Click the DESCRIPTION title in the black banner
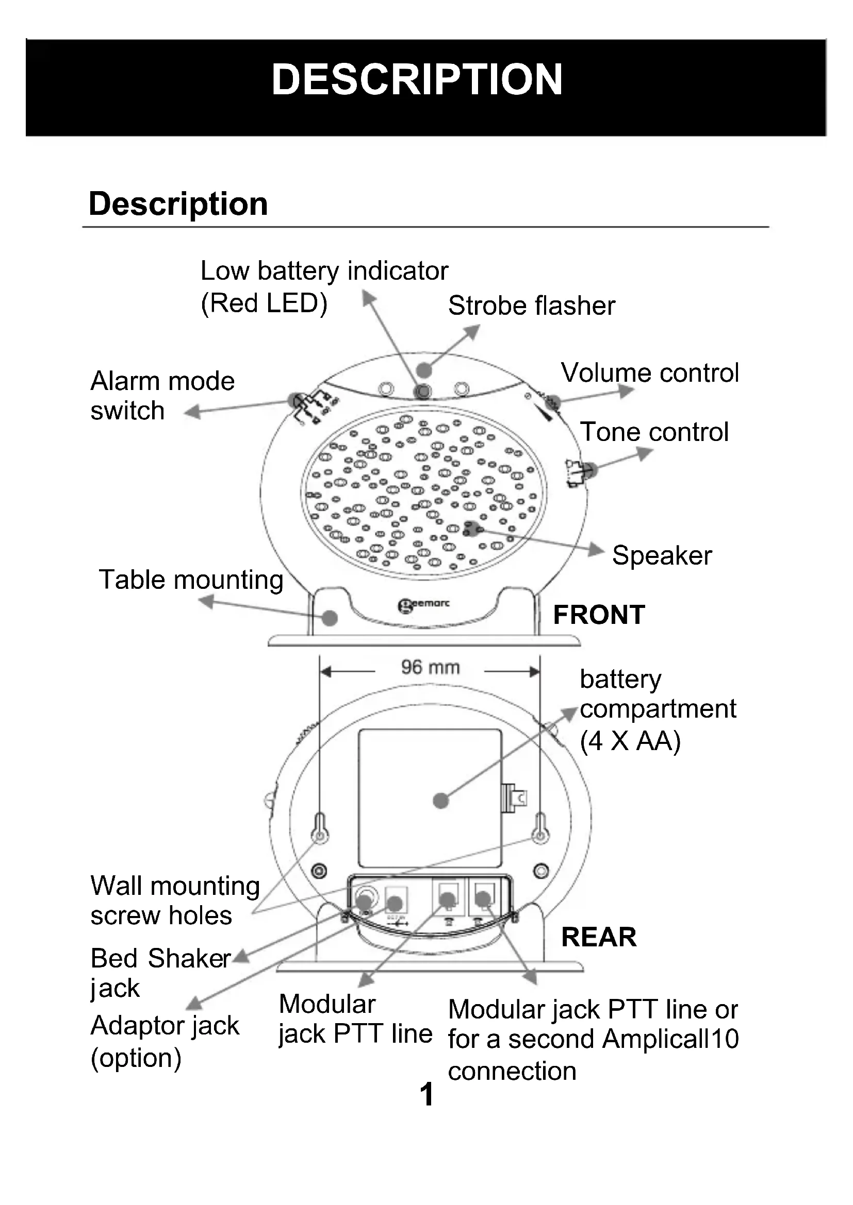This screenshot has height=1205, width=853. click(x=417, y=80)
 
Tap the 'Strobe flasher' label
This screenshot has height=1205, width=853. click(x=531, y=306)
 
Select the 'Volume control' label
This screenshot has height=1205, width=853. click(x=649, y=372)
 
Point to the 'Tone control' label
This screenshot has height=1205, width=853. click(x=654, y=432)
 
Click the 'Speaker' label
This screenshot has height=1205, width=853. click(x=662, y=555)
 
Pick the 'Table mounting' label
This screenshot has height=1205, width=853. click(x=191, y=580)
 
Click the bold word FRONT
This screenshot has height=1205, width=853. click(x=599, y=615)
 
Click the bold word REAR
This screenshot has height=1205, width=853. click(x=599, y=937)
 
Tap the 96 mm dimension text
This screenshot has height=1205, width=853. click(x=430, y=667)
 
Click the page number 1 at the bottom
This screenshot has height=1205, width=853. click(x=427, y=1094)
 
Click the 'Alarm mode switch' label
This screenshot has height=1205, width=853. click(x=162, y=396)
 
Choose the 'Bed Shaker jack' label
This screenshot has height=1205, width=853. click(x=160, y=973)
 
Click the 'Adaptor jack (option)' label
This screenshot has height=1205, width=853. click(x=165, y=1041)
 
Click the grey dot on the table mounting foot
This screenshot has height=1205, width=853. click(x=330, y=618)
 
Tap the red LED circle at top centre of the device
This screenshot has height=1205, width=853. click(x=423, y=391)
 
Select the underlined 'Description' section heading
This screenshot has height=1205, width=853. click(x=178, y=203)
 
